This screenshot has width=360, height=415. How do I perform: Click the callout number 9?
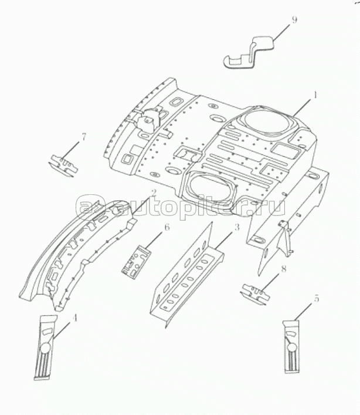[294, 20]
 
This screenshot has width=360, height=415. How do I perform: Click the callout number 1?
[315, 95]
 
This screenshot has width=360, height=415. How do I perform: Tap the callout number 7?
[83, 137]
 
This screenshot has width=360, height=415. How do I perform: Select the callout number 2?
[154, 193]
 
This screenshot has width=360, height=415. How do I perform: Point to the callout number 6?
[167, 227]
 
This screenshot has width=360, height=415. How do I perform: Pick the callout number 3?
[237, 227]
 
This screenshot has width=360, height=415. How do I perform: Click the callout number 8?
[284, 269]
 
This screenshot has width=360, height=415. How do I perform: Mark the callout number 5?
[317, 299]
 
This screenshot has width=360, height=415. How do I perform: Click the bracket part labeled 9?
[250, 53]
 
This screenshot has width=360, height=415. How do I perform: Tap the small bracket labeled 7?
[63, 166]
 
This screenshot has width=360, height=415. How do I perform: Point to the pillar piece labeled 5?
[291, 346]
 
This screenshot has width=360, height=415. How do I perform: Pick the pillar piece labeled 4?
[45, 347]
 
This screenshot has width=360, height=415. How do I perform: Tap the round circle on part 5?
[291, 347]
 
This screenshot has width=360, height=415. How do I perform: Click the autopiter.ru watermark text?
[181, 206]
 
